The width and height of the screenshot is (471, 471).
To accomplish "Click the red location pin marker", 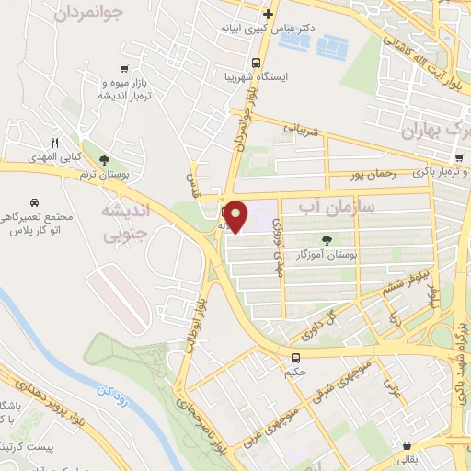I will tap(236, 216).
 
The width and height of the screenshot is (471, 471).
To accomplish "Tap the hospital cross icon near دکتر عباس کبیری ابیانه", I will tap(268, 14).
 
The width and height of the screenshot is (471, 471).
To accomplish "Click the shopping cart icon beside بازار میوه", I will tap(124, 68).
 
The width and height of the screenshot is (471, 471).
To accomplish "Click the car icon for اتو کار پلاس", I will tap(33, 201).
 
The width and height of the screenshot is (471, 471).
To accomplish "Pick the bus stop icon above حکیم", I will tap(296, 358).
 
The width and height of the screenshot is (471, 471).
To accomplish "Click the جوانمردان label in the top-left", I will tap(88, 13).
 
